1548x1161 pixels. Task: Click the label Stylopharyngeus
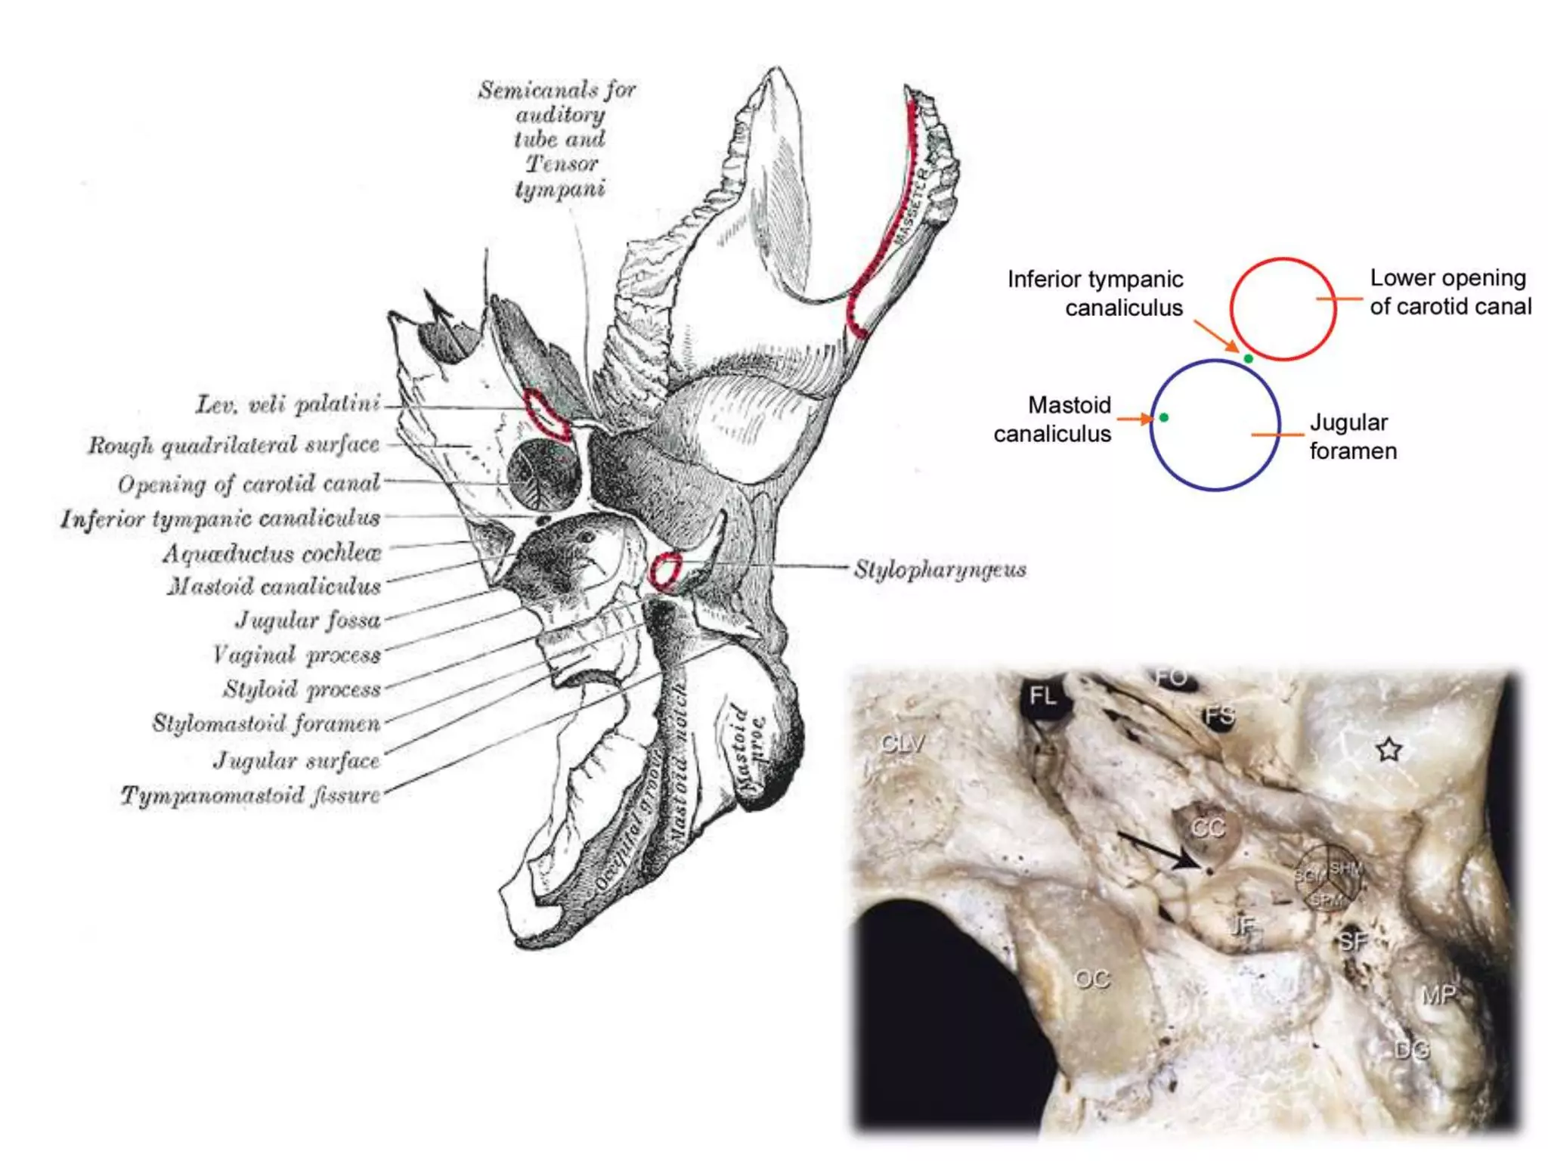click(940, 569)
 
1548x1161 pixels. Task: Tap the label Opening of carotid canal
click(249, 483)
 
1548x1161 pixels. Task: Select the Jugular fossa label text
click(308, 621)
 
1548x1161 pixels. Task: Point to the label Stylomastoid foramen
click(266, 723)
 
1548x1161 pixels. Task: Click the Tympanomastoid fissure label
click(250, 795)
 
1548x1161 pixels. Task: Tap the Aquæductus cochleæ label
click(272, 553)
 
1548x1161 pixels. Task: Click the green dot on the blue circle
click(1164, 417)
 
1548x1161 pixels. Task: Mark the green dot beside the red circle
click(1249, 359)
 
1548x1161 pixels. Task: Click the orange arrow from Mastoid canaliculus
click(1134, 418)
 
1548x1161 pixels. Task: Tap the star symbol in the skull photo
click(1389, 750)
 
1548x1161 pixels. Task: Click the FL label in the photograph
click(1042, 695)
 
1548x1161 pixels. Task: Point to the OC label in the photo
click(1091, 979)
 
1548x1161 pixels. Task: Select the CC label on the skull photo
click(1207, 828)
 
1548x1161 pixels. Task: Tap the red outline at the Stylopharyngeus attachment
click(665, 571)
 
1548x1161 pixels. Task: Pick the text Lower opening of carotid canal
click(1450, 293)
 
